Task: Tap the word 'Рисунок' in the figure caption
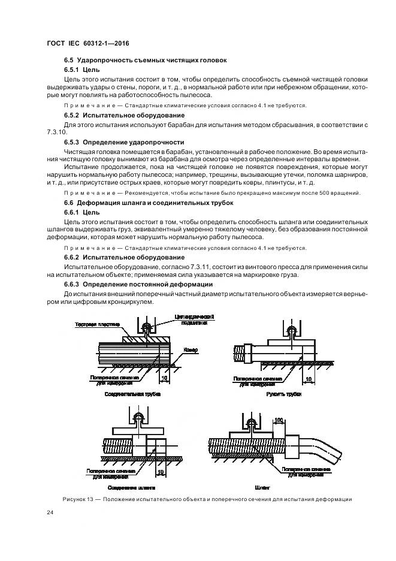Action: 75,499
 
